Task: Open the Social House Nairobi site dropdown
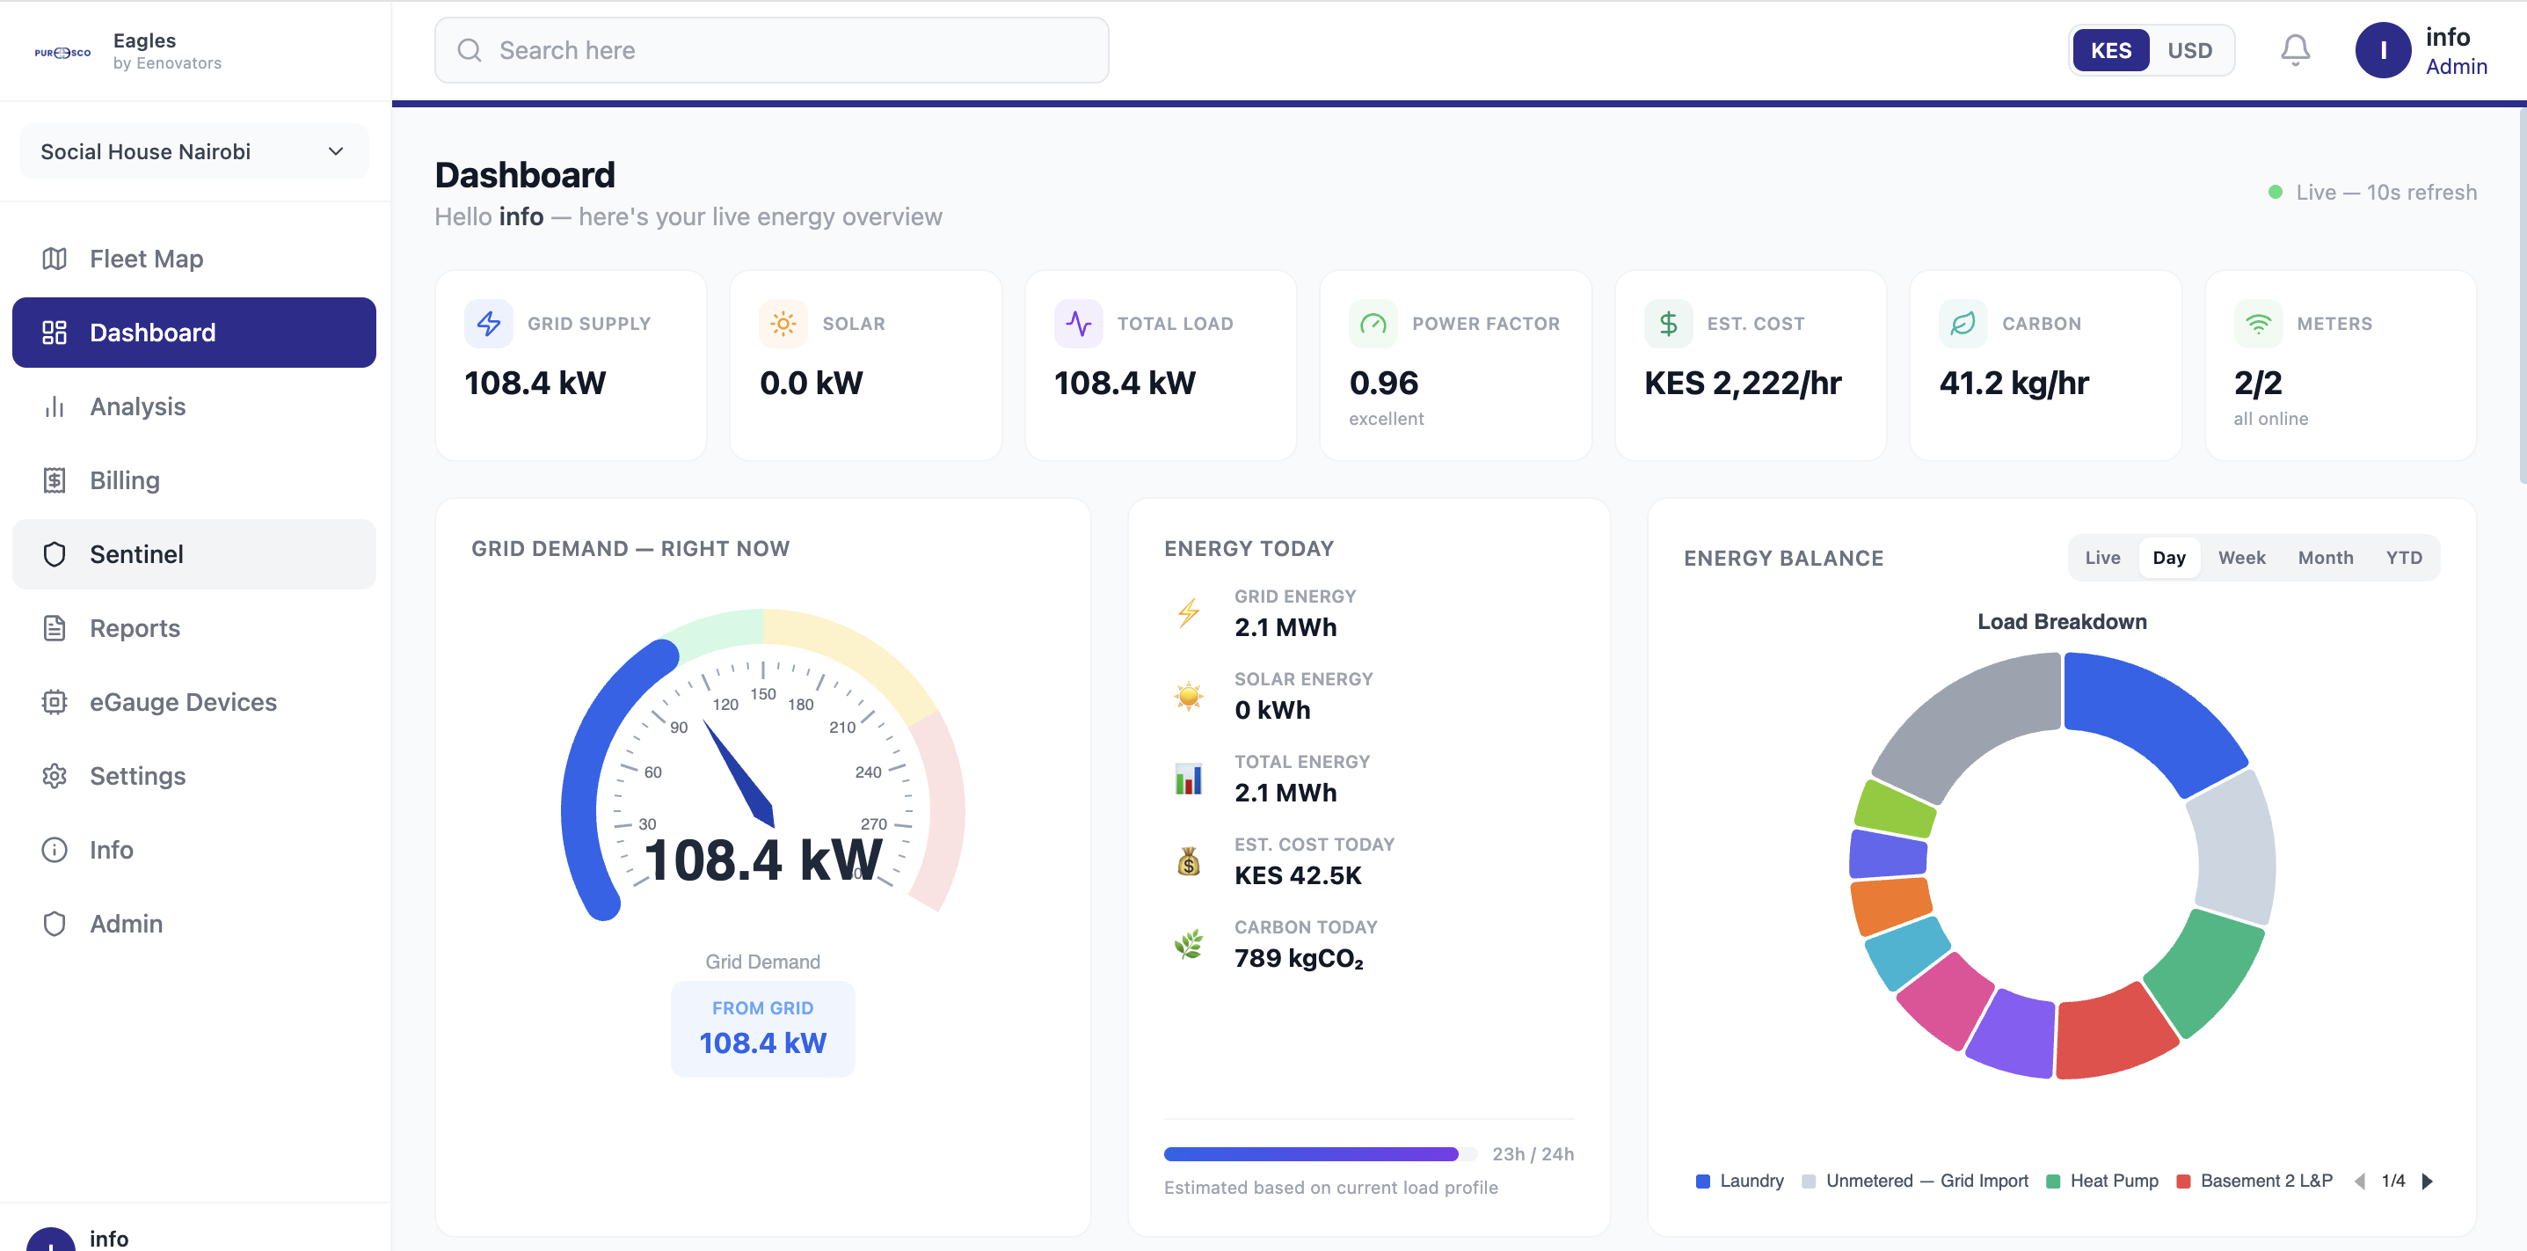point(194,152)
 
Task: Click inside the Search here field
point(772,50)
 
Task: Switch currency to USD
point(2189,50)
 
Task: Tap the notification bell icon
point(2295,50)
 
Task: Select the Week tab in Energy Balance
point(2241,557)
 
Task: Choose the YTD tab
point(2403,557)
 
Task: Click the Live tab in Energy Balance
point(2102,557)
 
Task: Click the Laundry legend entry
point(1740,1181)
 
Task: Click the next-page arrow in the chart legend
point(2427,1181)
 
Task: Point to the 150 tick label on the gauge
point(763,695)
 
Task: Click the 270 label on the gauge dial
point(873,824)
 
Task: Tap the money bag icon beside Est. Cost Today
point(1189,861)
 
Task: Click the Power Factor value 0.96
point(1383,383)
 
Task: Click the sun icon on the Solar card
point(783,324)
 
